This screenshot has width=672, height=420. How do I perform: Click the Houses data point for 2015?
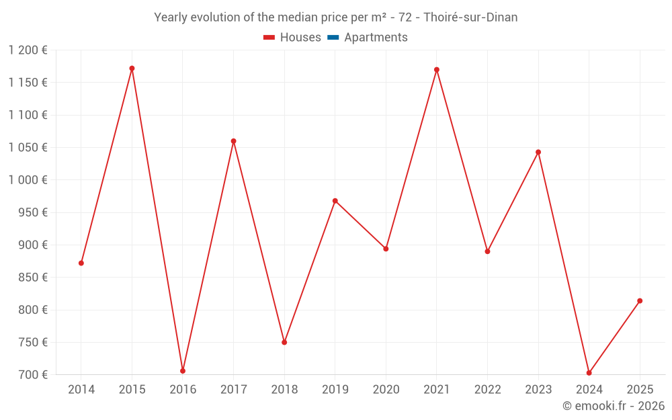tap(132, 69)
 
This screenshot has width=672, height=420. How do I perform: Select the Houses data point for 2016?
tap(183, 371)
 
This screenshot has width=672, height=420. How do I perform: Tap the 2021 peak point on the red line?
tap(437, 70)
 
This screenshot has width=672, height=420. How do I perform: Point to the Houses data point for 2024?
tap(589, 373)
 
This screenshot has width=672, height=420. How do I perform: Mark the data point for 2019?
tap(335, 201)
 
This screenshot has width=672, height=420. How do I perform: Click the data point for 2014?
tap(81, 263)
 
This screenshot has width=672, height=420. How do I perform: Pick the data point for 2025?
tap(640, 301)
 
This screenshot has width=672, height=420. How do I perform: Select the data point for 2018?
tap(284, 343)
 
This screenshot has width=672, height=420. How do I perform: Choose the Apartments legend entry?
tap(376, 38)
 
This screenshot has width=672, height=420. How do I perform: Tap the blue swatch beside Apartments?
tap(333, 38)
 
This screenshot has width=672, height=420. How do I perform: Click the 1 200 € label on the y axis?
tap(28, 50)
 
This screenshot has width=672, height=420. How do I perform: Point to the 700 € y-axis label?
tap(34, 375)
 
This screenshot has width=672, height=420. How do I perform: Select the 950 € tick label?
tap(34, 212)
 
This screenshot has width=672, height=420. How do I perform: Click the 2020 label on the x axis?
tap(386, 390)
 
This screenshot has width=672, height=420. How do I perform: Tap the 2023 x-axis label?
tap(538, 390)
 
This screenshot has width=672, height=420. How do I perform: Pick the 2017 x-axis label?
tap(233, 390)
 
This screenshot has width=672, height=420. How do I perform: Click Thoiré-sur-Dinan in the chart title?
tap(470, 17)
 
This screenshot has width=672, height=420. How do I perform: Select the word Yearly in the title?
tap(172, 17)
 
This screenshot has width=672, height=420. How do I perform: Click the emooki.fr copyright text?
tap(614, 406)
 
